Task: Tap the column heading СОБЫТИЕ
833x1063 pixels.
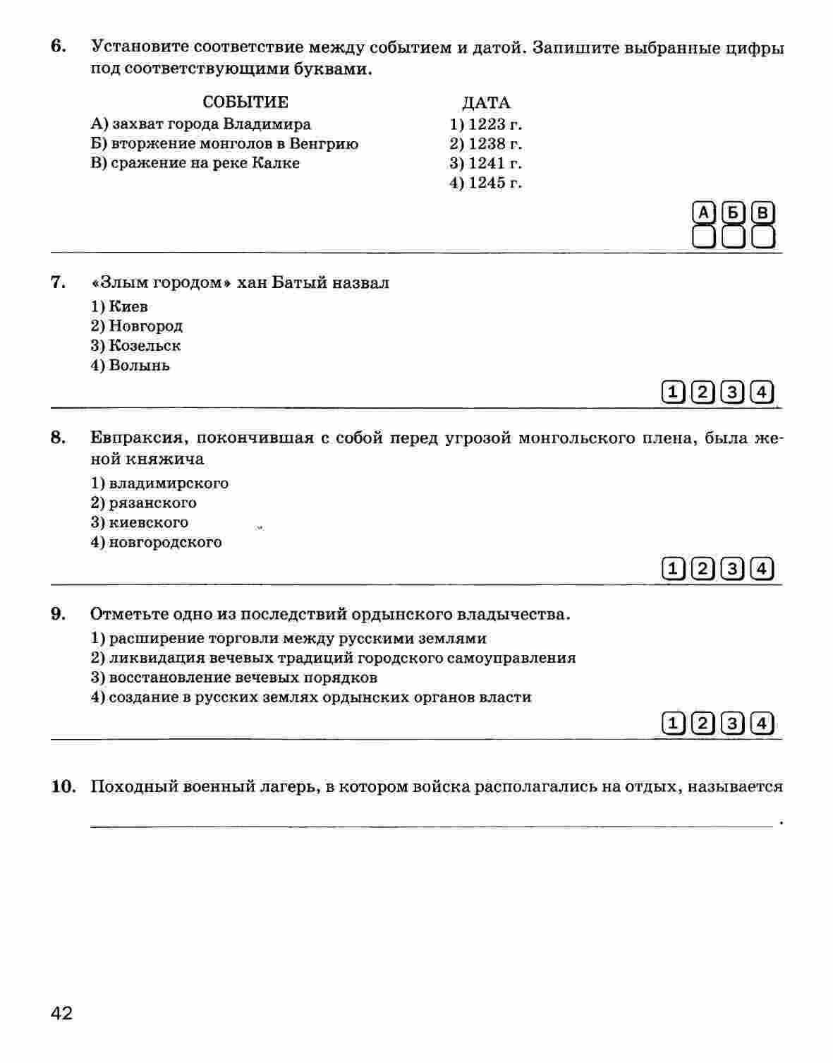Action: point(245,102)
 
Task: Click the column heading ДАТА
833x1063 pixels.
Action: point(486,103)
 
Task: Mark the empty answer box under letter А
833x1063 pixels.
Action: point(704,236)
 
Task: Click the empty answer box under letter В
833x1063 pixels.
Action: point(762,236)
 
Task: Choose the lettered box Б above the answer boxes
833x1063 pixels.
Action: point(734,212)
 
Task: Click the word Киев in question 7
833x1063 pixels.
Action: point(128,306)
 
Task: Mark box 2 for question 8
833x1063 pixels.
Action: point(703,568)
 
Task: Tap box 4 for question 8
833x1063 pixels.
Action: point(762,568)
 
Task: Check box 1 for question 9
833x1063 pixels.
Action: point(674,723)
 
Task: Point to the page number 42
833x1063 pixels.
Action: point(61,1014)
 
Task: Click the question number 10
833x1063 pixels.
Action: point(63,786)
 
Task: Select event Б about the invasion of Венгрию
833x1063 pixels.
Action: point(225,144)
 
